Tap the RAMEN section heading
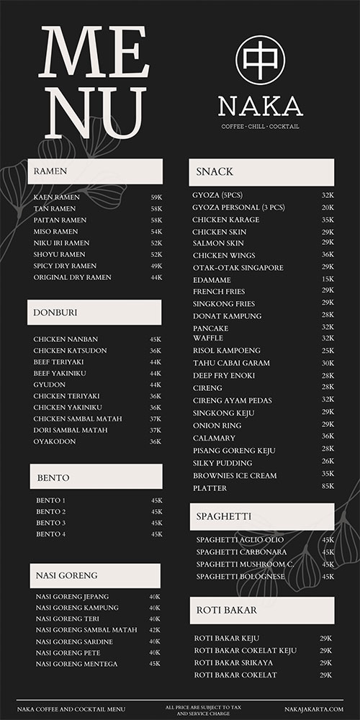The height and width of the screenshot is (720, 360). click(x=50, y=171)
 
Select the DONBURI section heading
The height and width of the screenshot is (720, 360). click(x=55, y=312)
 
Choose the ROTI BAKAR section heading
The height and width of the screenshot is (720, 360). click(x=227, y=611)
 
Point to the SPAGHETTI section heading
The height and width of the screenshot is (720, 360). click(x=224, y=516)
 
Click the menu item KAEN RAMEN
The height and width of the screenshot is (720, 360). click(x=57, y=197)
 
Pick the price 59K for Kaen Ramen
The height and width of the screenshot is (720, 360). click(x=156, y=197)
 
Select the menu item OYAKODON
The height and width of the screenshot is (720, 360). click(x=55, y=441)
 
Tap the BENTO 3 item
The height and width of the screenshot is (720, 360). click(x=50, y=523)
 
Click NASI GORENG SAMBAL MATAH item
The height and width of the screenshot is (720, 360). click(x=86, y=630)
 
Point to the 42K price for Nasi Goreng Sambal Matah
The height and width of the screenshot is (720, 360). click(x=155, y=630)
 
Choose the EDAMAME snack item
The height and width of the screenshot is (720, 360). click(x=212, y=279)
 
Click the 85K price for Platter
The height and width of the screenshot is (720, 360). click(x=328, y=486)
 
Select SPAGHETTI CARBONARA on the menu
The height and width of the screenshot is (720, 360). click(x=241, y=552)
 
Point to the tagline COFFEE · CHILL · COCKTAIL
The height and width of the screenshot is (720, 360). click(x=260, y=127)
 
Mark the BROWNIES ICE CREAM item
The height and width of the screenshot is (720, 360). click(x=235, y=475)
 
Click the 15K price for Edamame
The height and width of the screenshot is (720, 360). click(x=328, y=279)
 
